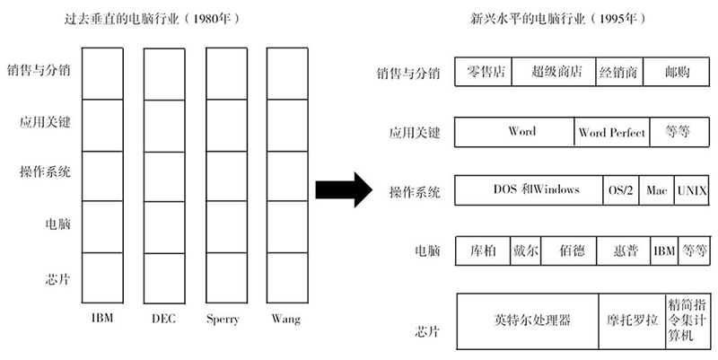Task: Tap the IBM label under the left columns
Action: pos(101,319)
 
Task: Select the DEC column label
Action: pos(162,319)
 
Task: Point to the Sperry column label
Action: pos(223,319)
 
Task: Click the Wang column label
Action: pos(285,319)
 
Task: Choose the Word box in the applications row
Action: pos(515,132)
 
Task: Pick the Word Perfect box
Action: pos(612,133)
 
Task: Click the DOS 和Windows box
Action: pos(530,190)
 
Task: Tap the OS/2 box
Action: pos(620,190)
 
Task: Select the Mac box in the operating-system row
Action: pos(657,190)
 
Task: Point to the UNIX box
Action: pos(692,190)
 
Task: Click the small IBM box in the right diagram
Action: pos(663,250)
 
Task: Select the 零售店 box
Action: pos(483,72)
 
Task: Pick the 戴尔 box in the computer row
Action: pos(525,250)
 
